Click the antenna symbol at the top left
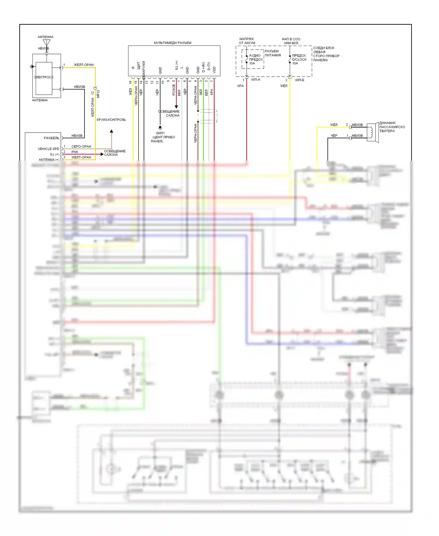47,43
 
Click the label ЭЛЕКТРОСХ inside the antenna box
44,77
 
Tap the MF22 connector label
98,94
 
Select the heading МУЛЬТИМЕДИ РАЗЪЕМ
172,43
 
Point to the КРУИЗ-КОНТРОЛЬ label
111,120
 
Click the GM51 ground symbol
160,128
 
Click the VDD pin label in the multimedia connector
214,70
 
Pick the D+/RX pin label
203,67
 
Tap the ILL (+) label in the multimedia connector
176,65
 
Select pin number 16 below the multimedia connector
131,82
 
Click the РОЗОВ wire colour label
174,90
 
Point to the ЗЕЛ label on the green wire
201,92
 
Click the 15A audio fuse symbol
247,59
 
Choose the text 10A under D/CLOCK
295,63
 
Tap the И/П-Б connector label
300,80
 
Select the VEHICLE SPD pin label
48,149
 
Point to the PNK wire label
75,152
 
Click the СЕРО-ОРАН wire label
81,146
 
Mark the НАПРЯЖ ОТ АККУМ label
247,41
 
